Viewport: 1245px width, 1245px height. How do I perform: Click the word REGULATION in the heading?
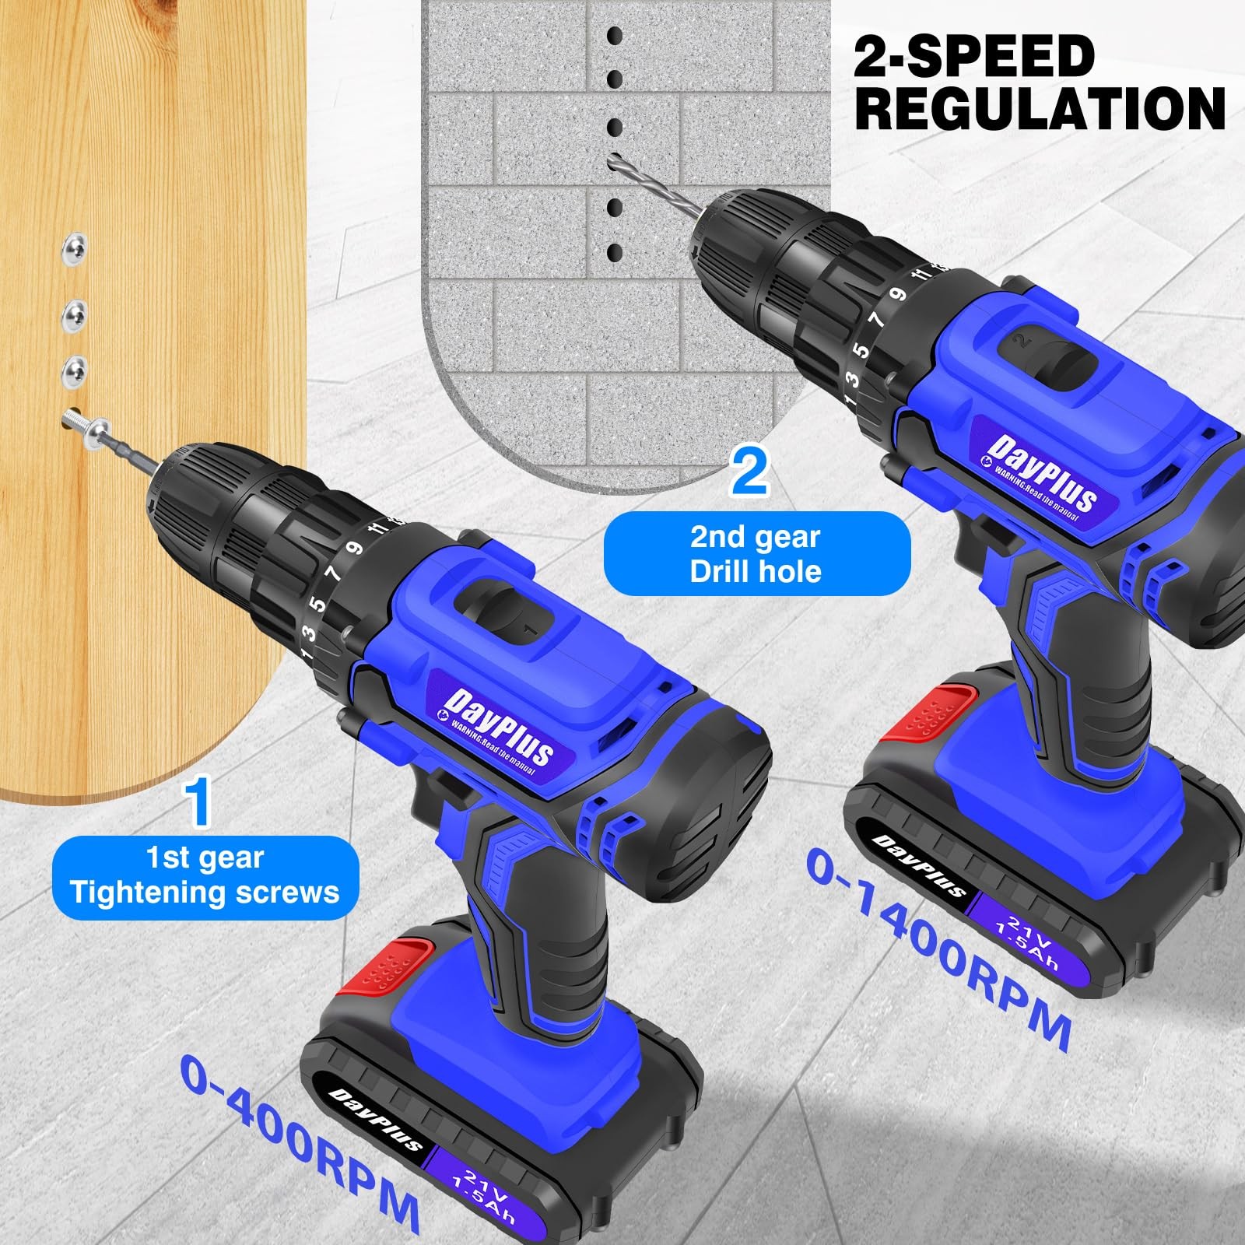(x=1040, y=108)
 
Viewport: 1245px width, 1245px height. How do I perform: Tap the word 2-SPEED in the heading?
(x=974, y=56)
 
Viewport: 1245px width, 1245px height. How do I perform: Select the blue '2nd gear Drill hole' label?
(x=756, y=554)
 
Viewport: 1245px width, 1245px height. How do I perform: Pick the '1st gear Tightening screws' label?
(x=205, y=876)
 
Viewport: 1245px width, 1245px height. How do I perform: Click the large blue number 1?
(x=198, y=803)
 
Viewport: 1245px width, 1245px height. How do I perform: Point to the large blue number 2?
(x=749, y=472)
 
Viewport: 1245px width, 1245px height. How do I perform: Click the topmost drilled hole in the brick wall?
(x=615, y=36)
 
